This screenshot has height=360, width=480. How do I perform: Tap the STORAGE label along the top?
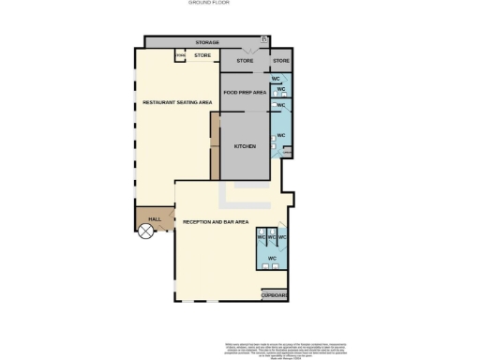(x=207, y=43)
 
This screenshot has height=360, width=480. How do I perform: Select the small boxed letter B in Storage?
(x=264, y=39)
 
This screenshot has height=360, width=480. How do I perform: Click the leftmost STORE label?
(x=202, y=56)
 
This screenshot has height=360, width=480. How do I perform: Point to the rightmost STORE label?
(x=281, y=61)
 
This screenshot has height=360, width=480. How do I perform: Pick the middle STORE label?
(x=245, y=61)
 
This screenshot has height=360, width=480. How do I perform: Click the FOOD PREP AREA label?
(x=244, y=93)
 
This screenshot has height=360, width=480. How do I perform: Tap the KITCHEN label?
(x=245, y=146)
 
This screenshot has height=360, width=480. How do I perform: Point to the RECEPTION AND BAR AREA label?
(x=215, y=221)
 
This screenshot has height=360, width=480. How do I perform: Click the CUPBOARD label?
(x=275, y=295)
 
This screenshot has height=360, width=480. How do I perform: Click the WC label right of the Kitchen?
(x=281, y=136)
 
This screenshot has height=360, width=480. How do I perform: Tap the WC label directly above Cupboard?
(x=272, y=258)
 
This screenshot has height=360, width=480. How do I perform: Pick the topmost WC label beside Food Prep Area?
(x=276, y=79)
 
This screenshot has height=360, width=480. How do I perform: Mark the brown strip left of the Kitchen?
(x=215, y=146)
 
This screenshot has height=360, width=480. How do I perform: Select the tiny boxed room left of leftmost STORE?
(x=180, y=56)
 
